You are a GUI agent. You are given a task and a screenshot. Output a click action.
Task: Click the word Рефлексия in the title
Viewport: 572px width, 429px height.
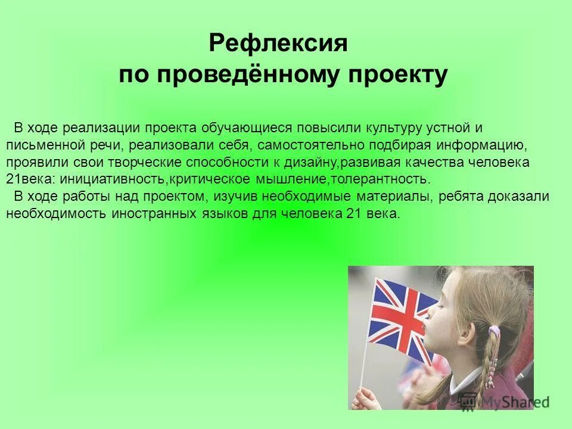[278, 44]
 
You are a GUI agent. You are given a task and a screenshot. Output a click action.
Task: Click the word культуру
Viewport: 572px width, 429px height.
[391, 128]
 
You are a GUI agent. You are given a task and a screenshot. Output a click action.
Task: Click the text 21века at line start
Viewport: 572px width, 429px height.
[23, 179]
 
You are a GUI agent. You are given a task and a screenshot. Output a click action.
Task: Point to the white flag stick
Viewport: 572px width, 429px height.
[363, 369]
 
